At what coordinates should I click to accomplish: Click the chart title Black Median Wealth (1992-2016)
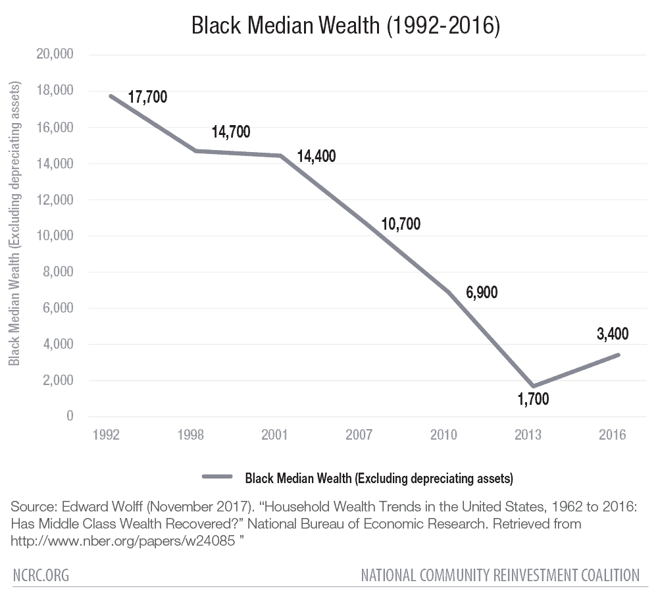[x=345, y=26]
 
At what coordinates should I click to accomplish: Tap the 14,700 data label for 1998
[x=230, y=132]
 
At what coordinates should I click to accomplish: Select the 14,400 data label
[x=316, y=157]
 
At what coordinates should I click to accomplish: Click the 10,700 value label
[x=400, y=224]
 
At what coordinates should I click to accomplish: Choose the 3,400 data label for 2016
[x=613, y=334]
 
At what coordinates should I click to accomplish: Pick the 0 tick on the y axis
[x=69, y=417]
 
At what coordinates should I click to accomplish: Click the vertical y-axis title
[x=14, y=224]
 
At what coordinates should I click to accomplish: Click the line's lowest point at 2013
[x=534, y=386]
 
